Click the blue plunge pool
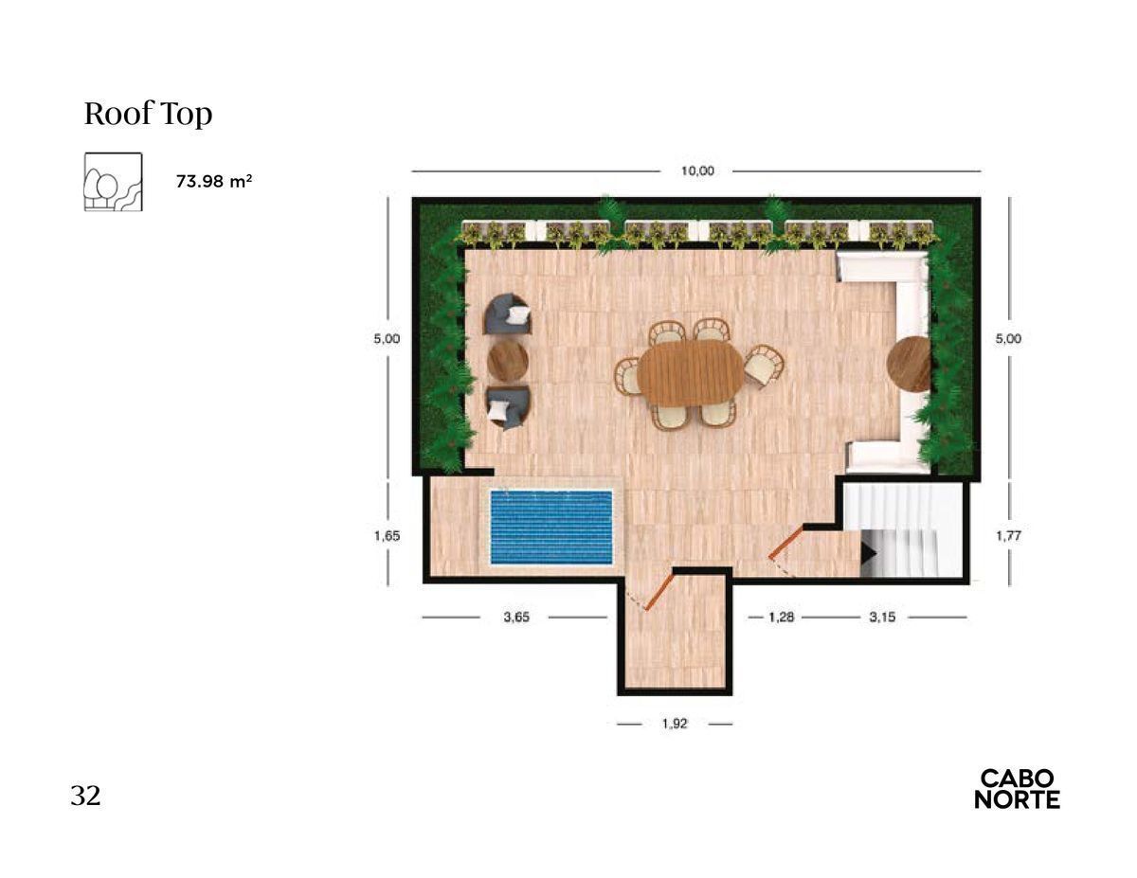(551, 528)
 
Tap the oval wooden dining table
(690, 373)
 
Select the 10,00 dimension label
(697, 171)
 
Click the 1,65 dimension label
(387, 535)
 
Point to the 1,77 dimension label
(1008, 535)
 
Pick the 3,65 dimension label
(516, 617)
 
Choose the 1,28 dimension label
(781, 617)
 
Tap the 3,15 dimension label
(882, 617)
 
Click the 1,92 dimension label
(674, 724)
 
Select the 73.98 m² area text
(214, 181)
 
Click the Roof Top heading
(148, 114)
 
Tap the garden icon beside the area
(113, 182)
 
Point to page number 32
(85, 796)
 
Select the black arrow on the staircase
(868, 553)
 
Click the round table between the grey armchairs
(508, 361)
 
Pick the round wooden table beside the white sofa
(909, 364)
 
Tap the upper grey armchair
(508, 314)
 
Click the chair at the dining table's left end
(627, 375)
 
